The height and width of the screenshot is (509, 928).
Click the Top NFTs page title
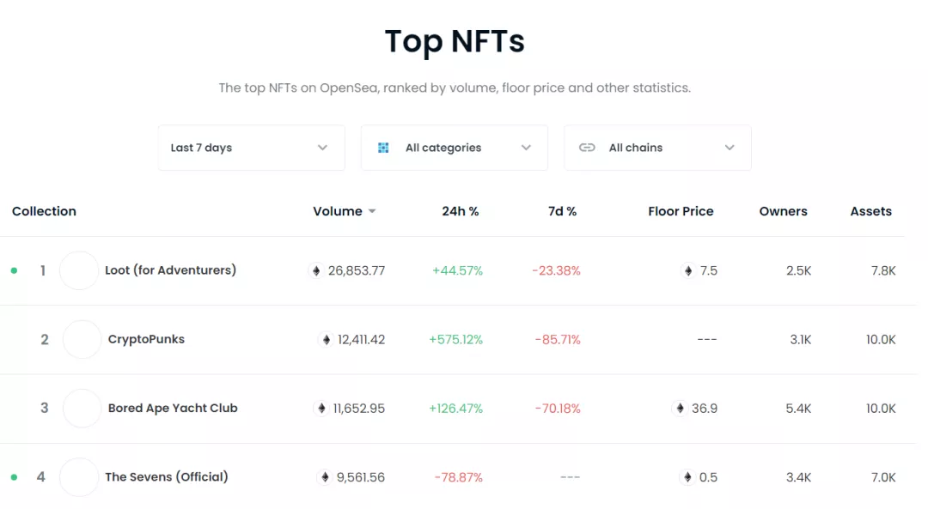455,42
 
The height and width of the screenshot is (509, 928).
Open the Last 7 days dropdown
251,148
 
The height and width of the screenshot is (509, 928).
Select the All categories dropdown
454,148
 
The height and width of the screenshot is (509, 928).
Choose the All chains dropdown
657,148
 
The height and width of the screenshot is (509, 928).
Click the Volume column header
338,211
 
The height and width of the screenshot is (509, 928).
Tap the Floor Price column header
681,211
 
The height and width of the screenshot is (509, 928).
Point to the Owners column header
783,211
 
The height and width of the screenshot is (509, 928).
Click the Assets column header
870,211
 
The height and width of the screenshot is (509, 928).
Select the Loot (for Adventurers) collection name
170,270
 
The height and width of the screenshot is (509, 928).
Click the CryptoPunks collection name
146,339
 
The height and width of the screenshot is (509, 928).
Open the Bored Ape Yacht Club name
173,408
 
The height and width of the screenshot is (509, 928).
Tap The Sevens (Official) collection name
167,476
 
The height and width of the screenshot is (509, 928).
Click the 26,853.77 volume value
356,270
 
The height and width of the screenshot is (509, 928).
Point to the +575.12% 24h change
455,339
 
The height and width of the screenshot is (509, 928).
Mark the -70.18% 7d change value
557,408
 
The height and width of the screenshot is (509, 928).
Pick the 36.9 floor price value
704,408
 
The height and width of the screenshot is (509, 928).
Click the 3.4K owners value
798,476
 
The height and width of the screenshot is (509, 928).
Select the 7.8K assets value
883,270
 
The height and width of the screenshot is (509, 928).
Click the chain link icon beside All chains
587,148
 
